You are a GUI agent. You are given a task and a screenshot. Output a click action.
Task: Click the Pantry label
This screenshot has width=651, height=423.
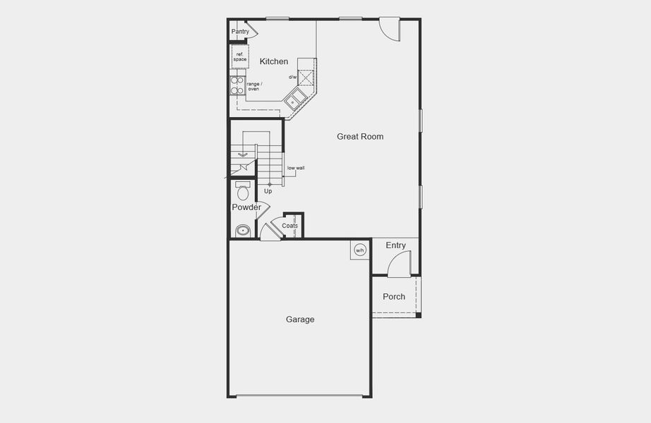[240, 32]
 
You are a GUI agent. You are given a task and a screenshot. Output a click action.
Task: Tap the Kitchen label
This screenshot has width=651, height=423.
[274, 62]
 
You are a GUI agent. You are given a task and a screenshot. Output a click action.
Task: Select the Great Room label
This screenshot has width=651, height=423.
[360, 137]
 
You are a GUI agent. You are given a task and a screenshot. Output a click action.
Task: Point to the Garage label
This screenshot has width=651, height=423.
[300, 320]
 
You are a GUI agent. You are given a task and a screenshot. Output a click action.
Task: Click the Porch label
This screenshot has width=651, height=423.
[394, 297]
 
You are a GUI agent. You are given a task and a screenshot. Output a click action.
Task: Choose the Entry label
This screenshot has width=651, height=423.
[396, 245]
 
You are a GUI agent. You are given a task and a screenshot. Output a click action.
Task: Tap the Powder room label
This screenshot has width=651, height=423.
[246, 207]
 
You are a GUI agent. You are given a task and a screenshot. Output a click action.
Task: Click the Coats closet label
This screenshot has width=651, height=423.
[290, 226]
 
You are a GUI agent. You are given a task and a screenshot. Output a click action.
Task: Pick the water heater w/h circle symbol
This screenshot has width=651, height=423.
[359, 250]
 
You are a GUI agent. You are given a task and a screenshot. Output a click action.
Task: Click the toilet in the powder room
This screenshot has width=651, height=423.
[244, 191]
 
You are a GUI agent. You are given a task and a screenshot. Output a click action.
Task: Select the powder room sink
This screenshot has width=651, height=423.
[243, 231]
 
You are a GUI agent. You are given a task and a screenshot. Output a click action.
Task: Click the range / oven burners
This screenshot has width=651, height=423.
[237, 86]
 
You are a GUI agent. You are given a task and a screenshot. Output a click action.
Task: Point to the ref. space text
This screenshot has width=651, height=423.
[240, 57]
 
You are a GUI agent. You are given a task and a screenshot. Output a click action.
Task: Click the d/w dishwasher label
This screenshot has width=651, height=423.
[292, 77]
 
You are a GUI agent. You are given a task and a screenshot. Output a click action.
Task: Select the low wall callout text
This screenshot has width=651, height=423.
[296, 168]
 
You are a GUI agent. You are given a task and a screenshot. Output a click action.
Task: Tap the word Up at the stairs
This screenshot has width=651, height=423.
[268, 191]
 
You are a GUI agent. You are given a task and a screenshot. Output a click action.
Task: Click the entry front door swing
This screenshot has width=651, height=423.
[400, 264]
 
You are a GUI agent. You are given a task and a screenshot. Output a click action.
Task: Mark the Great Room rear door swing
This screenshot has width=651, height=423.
[389, 29]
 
